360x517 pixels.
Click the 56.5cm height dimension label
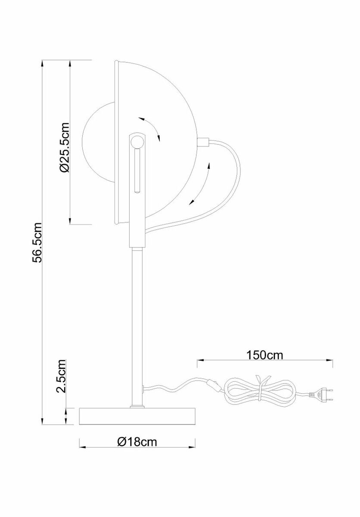click(x=38, y=243)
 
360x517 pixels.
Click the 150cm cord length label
click(x=264, y=355)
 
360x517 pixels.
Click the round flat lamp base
click(x=138, y=416)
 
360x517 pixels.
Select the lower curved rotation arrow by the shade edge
click(x=202, y=183)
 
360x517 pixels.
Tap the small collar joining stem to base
click(x=138, y=406)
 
